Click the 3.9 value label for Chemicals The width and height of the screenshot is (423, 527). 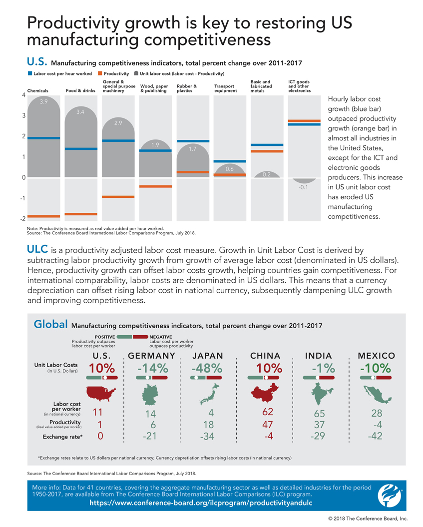(x=44, y=102)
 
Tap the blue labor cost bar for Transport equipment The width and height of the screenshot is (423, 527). (x=230, y=161)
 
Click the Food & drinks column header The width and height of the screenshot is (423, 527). (x=80, y=91)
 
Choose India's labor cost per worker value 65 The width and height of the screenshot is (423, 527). (x=320, y=414)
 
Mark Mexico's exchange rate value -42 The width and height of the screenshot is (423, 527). (x=376, y=436)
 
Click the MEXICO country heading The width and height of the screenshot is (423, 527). (x=377, y=356)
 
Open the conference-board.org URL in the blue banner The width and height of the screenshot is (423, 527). (x=200, y=503)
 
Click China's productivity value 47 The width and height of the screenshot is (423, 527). (x=265, y=425)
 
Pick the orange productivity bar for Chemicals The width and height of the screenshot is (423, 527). (x=44, y=216)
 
